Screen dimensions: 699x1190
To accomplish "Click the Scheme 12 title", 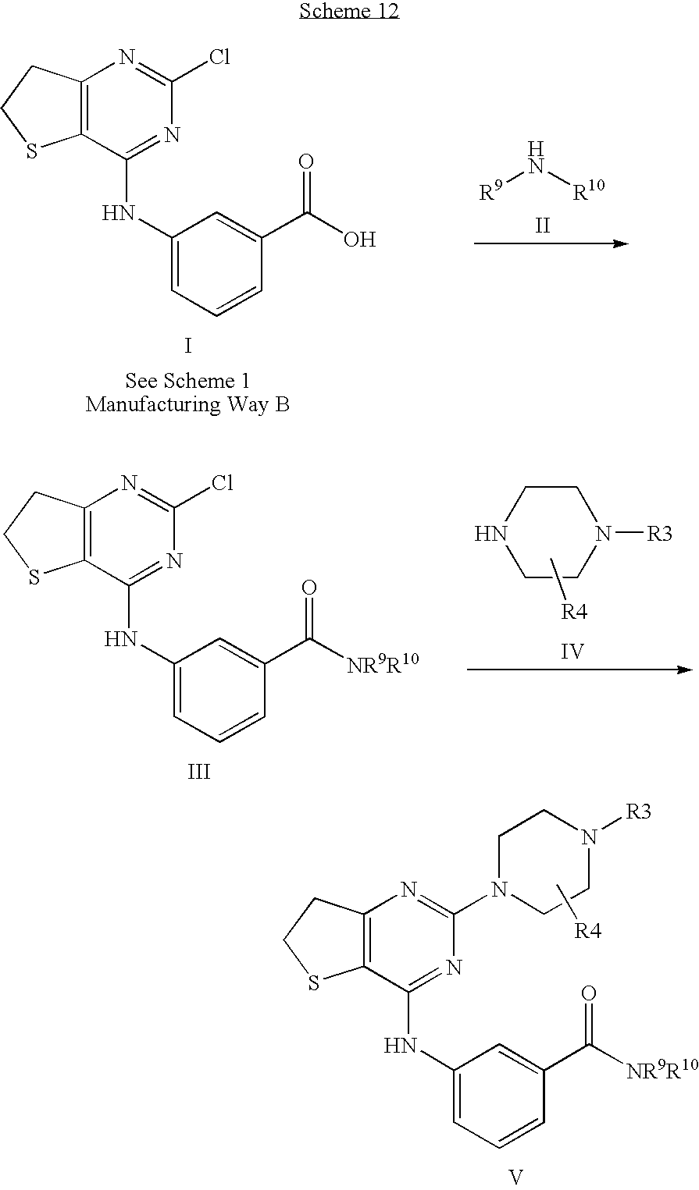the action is click(x=349, y=11).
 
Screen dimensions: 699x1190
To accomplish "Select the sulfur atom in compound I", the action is click(x=33, y=152).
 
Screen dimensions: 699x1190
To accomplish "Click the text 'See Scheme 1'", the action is click(x=188, y=381).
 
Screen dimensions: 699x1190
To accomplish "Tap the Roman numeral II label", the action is click(x=542, y=226).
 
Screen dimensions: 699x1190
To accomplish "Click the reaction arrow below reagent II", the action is click(x=551, y=244).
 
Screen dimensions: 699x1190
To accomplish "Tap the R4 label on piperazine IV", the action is click(x=575, y=611).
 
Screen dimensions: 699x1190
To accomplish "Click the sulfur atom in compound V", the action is click(x=313, y=984).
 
